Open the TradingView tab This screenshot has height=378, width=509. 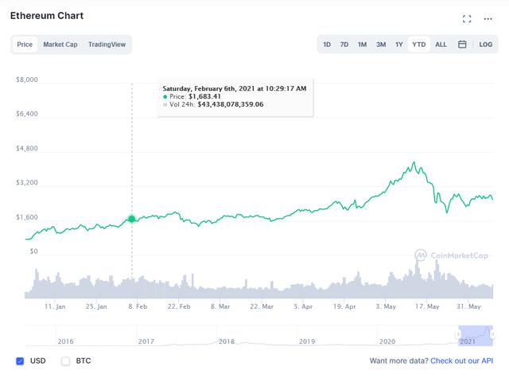tap(107, 45)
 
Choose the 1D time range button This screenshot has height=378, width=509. tap(327, 45)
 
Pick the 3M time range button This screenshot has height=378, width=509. tap(381, 45)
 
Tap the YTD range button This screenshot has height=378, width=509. tap(418, 45)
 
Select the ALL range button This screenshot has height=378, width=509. tap(441, 45)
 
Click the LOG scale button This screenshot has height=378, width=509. tap(486, 45)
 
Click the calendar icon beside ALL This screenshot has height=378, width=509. tap(462, 45)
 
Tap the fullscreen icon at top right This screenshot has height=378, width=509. tap(468, 18)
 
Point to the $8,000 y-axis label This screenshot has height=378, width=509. tap(27, 80)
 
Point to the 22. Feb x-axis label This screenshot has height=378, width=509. tap(179, 306)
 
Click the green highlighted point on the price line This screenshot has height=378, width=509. tap(132, 218)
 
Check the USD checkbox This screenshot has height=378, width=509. tap(20, 360)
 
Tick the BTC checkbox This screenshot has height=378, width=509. tap(66, 360)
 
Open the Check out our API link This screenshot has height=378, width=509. tap(464, 361)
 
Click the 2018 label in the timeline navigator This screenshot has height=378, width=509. tap(227, 341)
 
